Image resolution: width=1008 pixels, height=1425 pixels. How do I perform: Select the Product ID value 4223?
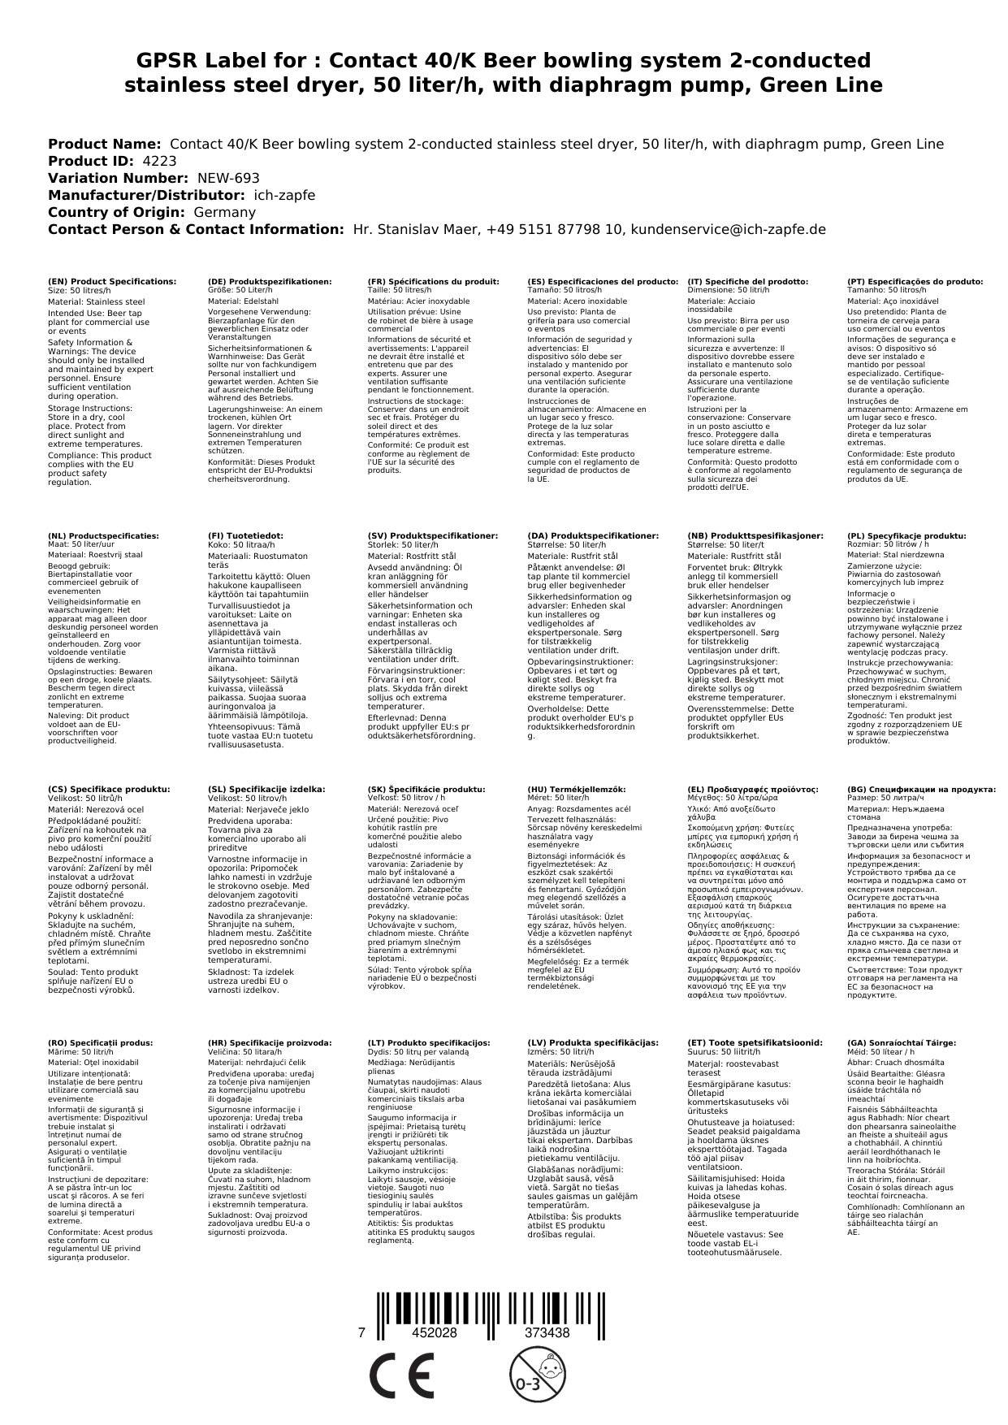tap(159, 161)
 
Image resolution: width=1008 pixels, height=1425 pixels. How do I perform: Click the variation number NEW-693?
tap(228, 178)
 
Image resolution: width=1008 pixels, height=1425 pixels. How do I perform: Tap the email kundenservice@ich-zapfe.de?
tap(729, 229)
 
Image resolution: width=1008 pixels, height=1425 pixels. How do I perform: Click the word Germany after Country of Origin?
tap(224, 212)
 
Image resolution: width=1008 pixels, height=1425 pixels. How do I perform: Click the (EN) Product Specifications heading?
tap(112, 281)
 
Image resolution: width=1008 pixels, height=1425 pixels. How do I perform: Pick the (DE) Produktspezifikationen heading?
tap(270, 281)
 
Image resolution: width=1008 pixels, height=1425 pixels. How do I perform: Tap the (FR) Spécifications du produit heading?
tap(433, 281)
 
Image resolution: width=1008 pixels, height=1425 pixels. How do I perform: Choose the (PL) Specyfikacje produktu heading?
tap(906, 536)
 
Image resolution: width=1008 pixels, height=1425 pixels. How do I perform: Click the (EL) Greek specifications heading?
tap(752, 789)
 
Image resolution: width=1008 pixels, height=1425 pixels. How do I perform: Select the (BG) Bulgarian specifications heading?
tap(921, 789)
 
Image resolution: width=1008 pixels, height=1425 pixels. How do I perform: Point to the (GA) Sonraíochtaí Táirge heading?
tap(890, 1042)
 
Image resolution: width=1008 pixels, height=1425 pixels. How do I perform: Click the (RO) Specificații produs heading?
tap(101, 1042)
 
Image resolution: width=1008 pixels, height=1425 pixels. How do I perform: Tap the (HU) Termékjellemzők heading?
tap(577, 789)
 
